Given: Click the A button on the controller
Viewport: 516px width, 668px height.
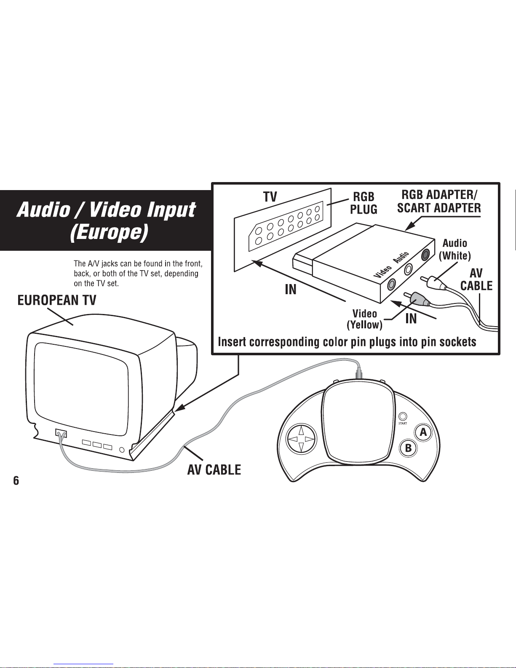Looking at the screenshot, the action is tap(423, 432).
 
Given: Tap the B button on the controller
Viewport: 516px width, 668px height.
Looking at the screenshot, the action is tap(408, 448).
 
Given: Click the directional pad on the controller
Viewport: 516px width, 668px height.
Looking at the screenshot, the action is tap(301, 439).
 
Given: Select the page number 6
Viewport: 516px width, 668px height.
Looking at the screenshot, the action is tap(16, 480).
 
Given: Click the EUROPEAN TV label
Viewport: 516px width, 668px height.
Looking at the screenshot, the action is tap(57, 300).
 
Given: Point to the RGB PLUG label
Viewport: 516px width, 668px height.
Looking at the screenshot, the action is tap(364, 203).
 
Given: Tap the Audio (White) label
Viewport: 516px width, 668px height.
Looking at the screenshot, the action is tap(455, 249).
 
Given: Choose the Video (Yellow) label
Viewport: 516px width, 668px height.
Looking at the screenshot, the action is tap(365, 319).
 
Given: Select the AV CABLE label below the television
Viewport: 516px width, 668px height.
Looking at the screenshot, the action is tap(214, 470).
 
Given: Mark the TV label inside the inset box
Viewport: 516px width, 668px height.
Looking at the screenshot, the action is tap(270, 197).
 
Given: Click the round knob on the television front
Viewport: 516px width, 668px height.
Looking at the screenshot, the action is tap(122, 450).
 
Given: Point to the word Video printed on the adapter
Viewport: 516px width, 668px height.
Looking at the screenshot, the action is tap(382, 271).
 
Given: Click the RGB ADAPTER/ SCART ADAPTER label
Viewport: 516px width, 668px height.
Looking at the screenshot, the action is tap(439, 201).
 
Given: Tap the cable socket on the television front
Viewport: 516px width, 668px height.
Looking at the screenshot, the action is tap(61, 433).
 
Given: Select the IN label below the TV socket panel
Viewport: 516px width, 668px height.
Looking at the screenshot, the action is tap(291, 289).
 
